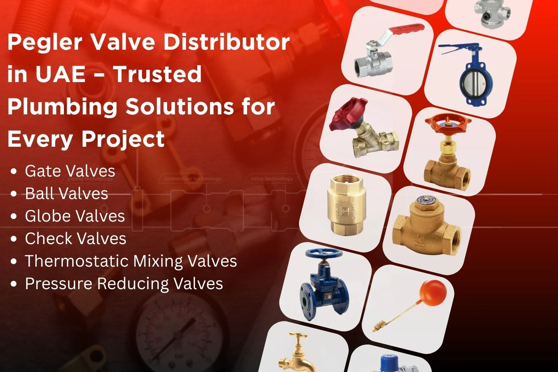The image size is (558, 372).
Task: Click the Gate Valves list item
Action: pyautogui.click(x=70, y=171)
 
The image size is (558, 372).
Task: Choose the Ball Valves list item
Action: pyautogui.click(x=66, y=194)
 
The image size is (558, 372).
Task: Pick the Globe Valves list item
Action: pyautogui.click(x=75, y=216)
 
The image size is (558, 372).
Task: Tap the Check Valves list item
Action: pyautogui.click(x=76, y=239)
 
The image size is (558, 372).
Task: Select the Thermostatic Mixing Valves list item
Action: pyautogui.click(x=131, y=261)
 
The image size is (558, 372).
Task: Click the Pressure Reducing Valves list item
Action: pyautogui.click(x=124, y=284)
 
